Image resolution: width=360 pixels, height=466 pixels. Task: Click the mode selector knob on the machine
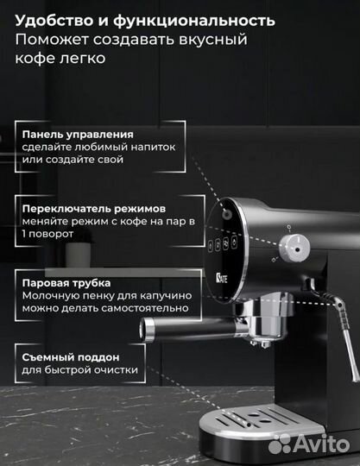(x=297, y=249)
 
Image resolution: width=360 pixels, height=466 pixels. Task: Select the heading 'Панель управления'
(x=79, y=135)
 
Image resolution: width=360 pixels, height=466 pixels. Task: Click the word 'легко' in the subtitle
(x=84, y=58)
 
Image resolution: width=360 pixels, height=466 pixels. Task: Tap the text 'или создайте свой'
(x=74, y=161)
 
